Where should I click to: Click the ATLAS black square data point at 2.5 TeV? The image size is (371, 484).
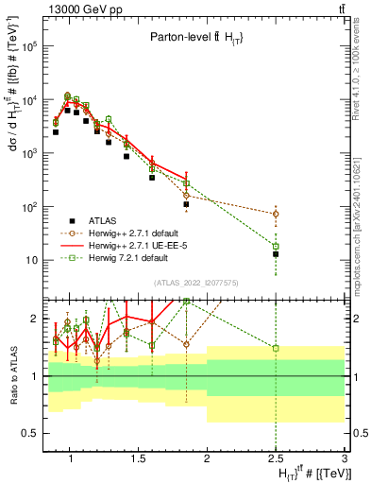point(276,253)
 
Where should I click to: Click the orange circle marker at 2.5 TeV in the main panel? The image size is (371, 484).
point(276,215)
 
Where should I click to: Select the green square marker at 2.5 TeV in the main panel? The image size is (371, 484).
point(276,246)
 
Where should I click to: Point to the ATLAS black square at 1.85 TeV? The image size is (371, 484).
point(186,204)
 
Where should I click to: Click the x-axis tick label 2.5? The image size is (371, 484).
point(276,459)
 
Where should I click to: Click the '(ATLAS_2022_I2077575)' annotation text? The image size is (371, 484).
point(195,282)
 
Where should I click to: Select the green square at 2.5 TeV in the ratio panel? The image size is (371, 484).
point(276,348)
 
